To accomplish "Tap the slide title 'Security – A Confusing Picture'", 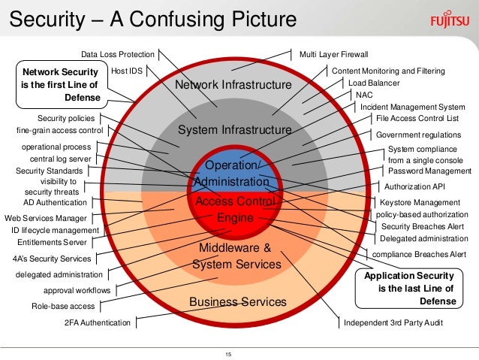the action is click(x=150, y=18).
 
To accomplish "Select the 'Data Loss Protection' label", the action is click(x=117, y=54).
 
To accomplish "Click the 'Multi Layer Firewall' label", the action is click(x=334, y=54).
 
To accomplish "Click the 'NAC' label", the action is click(x=364, y=95).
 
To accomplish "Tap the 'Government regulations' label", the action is click(x=419, y=135).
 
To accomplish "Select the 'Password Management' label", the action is click(x=430, y=171).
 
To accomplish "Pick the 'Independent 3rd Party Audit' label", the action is click(x=393, y=322).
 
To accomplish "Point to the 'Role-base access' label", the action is click(x=63, y=306).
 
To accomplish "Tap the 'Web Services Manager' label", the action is click(x=46, y=217).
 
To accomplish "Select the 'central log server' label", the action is click(x=61, y=159).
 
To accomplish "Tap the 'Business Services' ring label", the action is click(x=238, y=301).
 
